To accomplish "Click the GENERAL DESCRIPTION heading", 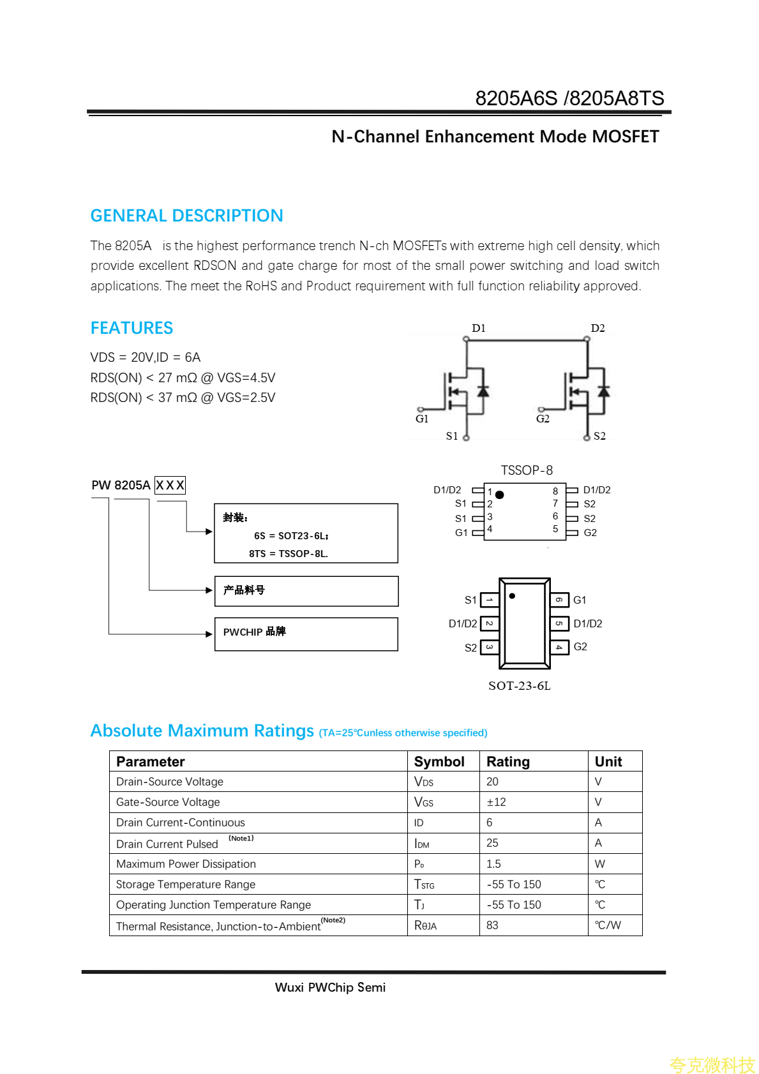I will (x=186, y=216).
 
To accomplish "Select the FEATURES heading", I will (x=132, y=328).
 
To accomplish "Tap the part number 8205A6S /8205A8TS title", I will (x=569, y=98).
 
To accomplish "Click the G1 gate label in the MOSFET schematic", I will (x=422, y=419).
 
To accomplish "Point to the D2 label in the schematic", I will (x=597, y=328).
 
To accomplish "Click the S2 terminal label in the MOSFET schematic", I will (x=599, y=436).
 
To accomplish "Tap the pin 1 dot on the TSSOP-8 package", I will (x=500, y=495).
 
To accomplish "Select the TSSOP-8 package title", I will (x=527, y=470).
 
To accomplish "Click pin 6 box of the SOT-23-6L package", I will (x=559, y=600).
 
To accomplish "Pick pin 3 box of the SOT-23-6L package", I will (x=490, y=648).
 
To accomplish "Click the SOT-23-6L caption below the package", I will (x=519, y=686).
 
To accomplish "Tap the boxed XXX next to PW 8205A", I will (x=170, y=485).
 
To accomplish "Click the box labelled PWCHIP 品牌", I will (x=306, y=634).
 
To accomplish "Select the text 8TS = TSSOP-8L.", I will (x=289, y=554).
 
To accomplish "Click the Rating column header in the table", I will (x=508, y=761).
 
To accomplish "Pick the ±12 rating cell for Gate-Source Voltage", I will (x=496, y=802).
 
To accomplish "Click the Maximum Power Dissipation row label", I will (x=186, y=864).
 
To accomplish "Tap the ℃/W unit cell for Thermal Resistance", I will (x=608, y=925).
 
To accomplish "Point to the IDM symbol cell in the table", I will (x=422, y=844).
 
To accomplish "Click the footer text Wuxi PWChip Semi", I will (x=330, y=987).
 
